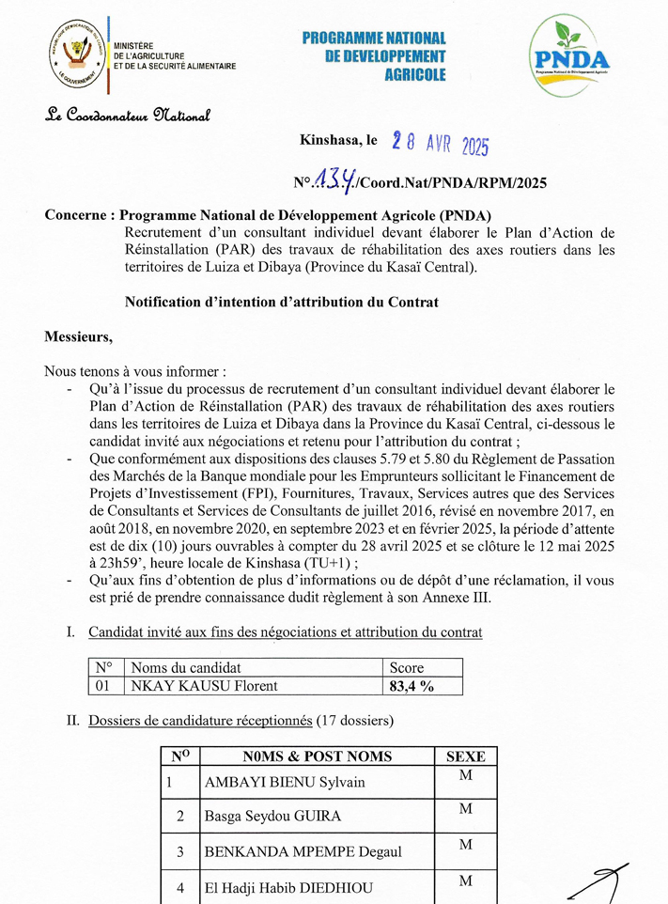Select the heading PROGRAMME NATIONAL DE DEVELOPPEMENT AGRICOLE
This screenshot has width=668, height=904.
374,55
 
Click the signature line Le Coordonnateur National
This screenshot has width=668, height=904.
128,116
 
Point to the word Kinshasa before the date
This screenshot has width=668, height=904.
331,140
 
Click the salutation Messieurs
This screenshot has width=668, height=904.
78,335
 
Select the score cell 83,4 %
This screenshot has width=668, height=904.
412,686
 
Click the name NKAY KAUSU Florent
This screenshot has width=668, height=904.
204,686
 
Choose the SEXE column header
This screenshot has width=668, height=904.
465,756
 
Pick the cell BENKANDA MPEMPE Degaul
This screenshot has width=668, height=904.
303,851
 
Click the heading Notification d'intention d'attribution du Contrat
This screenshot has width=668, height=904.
282,302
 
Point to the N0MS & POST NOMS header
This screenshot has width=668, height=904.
317,756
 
